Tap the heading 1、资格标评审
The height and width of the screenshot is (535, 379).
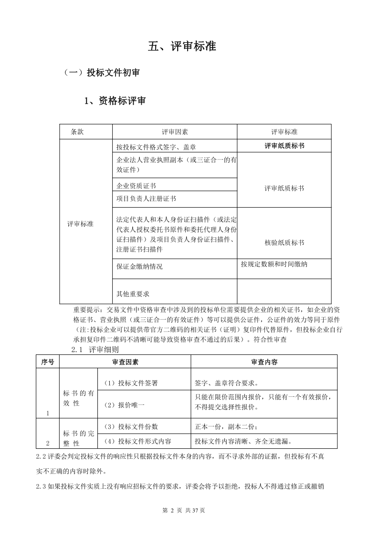tap(115, 101)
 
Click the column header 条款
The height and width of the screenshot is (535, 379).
tap(77, 131)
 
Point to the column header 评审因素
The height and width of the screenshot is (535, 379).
tap(175, 131)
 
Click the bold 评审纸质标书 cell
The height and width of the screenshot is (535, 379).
tap(284, 146)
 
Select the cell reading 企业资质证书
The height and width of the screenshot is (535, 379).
tap(136, 185)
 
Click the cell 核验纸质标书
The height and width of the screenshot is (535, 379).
tap(284, 242)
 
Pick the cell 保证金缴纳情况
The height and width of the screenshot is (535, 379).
tap(139, 266)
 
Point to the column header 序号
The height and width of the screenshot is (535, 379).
tap(47, 362)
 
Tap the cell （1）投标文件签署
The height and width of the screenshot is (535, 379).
tap(131, 383)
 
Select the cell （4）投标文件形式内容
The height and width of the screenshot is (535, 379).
tap(137, 441)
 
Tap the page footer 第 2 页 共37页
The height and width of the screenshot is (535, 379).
tap(184, 510)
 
